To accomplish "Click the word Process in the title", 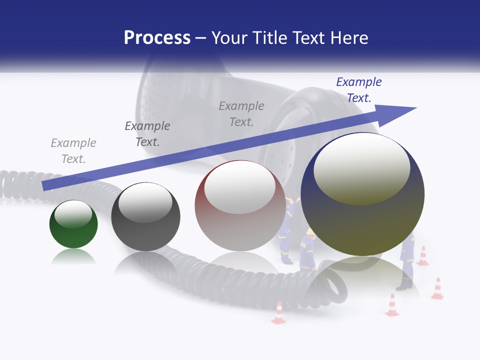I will (157, 38).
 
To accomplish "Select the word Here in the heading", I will (348, 38).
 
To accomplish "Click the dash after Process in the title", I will (200, 38).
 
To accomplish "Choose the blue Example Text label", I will (358, 90).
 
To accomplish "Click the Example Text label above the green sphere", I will (73, 151).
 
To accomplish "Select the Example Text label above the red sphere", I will (241, 114).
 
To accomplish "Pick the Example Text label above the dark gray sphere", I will (147, 134).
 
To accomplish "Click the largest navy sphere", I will (362, 215).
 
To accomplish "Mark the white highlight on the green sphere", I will (73, 214).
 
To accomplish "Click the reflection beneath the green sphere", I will (73, 257).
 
